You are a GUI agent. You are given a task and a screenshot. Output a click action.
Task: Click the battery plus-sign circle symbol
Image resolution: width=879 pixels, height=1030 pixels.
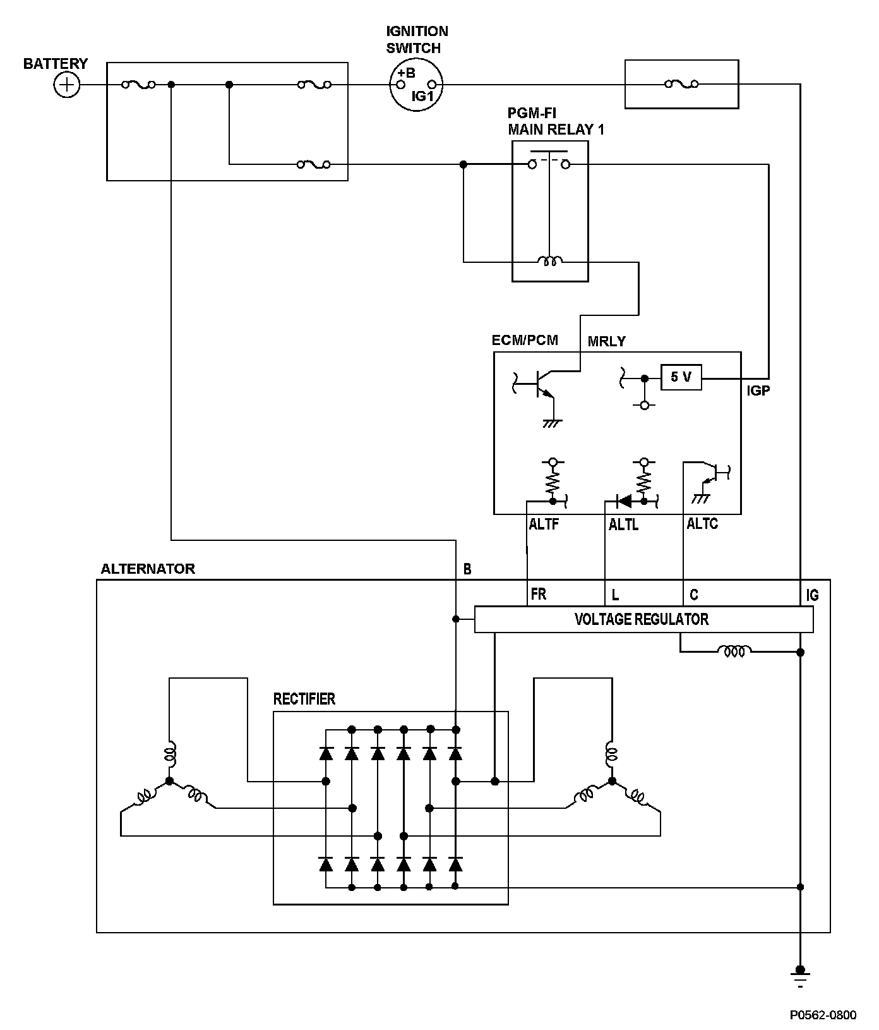[66, 85]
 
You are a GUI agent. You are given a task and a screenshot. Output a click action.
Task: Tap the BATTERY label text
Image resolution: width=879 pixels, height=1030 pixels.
[56, 64]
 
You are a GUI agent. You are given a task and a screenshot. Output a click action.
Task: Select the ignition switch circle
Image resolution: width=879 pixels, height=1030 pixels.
[416, 85]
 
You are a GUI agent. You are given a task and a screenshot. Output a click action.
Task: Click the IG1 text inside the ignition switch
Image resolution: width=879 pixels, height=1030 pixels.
[422, 96]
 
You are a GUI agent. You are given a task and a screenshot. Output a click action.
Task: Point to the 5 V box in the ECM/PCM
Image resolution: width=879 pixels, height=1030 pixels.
[681, 377]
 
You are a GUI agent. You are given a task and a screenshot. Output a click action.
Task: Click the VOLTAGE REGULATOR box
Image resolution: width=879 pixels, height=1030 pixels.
[643, 619]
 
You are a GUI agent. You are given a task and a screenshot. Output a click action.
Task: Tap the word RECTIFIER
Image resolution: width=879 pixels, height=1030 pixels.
[304, 699]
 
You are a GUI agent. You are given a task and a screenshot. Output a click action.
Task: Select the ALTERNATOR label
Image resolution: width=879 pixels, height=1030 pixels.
[148, 569]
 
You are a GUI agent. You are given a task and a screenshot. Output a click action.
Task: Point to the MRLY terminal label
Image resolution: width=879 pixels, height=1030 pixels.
[606, 342]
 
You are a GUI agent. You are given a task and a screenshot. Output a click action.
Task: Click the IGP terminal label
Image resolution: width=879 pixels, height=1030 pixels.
[758, 391]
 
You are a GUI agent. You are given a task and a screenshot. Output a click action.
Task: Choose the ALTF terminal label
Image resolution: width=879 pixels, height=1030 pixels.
[544, 524]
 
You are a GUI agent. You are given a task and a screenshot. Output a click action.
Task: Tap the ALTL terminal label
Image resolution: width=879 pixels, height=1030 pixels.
[623, 524]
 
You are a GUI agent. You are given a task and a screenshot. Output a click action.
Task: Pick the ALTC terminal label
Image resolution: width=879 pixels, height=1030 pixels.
[702, 524]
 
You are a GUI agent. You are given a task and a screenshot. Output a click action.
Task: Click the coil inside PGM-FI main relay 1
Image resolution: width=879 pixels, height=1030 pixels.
[550, 261]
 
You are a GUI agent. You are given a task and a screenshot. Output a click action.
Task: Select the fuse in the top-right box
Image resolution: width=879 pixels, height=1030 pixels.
[681, 84]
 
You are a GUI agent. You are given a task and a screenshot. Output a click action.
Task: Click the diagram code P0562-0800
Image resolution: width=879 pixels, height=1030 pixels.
[823, 1015]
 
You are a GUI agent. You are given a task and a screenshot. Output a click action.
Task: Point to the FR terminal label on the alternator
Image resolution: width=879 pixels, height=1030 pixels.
[539, 595]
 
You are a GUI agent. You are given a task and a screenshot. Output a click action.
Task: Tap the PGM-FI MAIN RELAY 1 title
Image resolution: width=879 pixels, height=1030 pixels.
[556, 121]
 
